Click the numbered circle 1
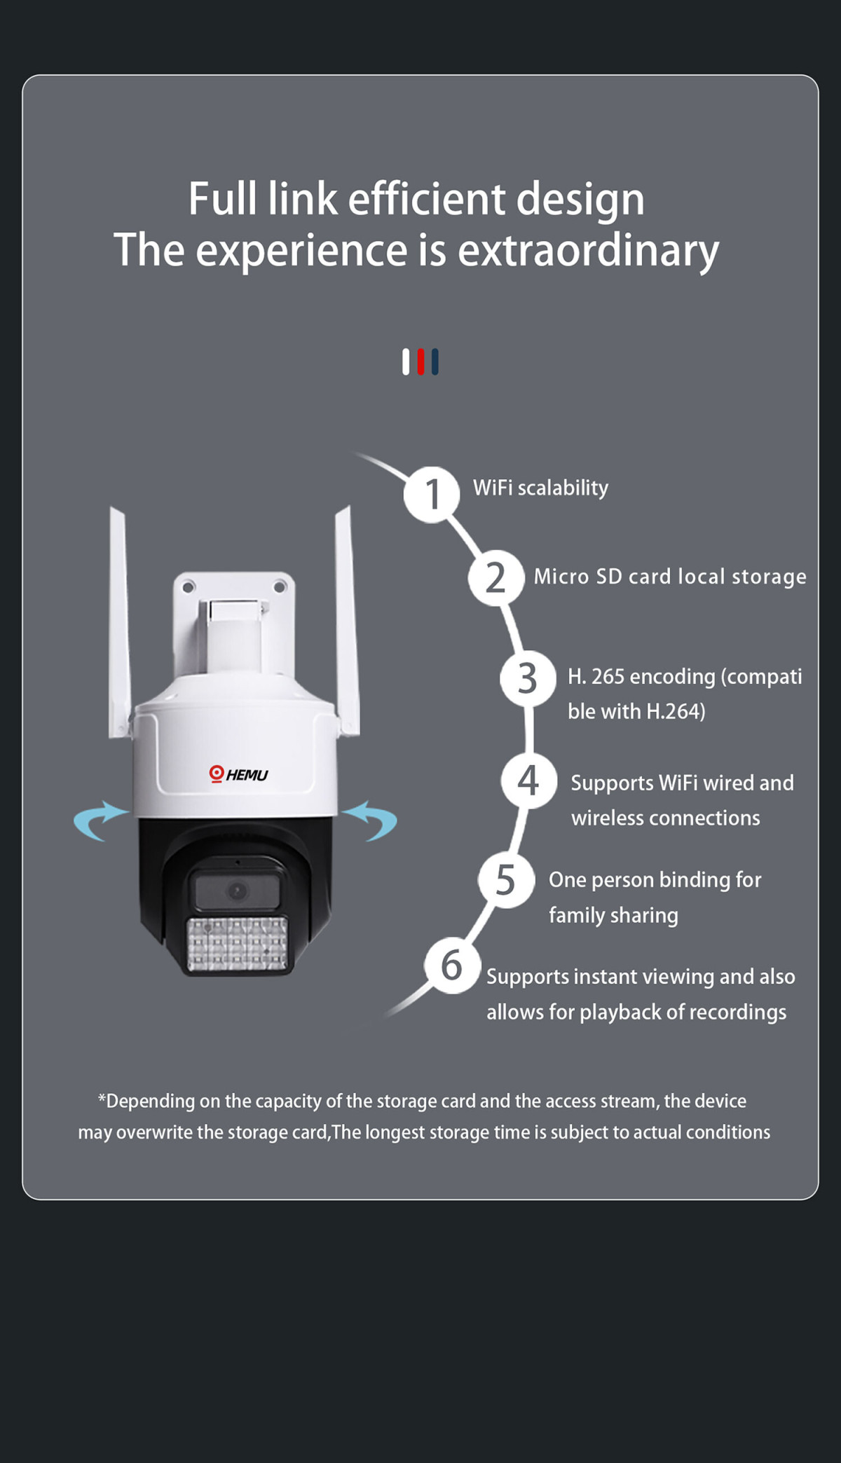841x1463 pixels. [x=432, y=495]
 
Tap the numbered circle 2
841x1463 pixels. [x=496, y=578]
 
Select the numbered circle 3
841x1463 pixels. [x=528, y=678]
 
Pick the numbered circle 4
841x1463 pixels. [x=529, y=781]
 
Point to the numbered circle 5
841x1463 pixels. [x=506, y=880]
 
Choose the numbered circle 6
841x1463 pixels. [x=453, y=966]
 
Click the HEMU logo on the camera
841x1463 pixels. [x=238, y=774]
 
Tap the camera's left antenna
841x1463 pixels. [x=120, y=624]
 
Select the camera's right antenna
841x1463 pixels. [x=346, y=620]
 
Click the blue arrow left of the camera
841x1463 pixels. [x=100, y=819]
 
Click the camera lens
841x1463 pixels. [x=238, y=891]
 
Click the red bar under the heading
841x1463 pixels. [x=420, y=362]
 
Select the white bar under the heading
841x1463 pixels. [x=406, y=362]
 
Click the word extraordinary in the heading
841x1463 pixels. [x=588, y=251]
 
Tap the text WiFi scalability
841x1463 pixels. [x=540, y=488]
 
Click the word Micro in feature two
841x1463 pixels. [x=561, y=577]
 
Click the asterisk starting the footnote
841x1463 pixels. [x=102, y=1097]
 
